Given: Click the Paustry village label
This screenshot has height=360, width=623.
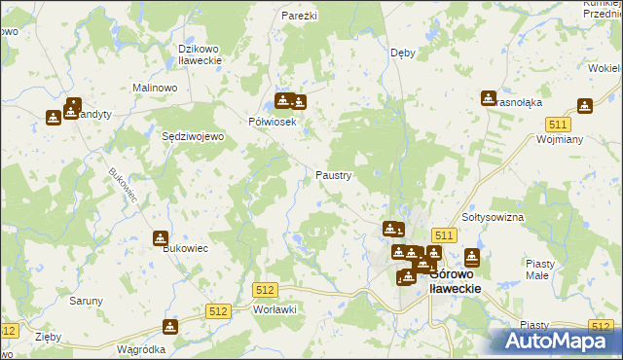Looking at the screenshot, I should pyautogui.click(x=333, y=175).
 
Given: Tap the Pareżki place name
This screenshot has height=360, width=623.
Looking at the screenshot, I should pyautogui.click(x=299, y=17).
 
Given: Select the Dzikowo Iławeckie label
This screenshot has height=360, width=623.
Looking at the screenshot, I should pyautogui.click(x=202, y=54).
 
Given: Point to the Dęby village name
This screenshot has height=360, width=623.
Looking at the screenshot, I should pyautogui.click(x=402, y=53).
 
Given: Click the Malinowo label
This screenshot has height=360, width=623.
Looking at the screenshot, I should pyautogui.click(x=154, y=88).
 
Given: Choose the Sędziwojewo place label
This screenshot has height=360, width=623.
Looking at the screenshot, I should pyautogui.click(x=193, y=137).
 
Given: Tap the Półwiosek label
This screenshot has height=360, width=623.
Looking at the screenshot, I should pyautogui.click(x=272, y=122).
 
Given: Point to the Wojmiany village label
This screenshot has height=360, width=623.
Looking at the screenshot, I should pyautogui.click(x=560, y=140).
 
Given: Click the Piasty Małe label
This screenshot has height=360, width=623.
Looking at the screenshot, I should pyautogui.click(x=539, y=270).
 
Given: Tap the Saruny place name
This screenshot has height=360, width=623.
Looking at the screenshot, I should pyautogui.click(x=86, y=301).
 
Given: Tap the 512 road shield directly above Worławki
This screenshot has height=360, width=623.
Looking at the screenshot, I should pyautogui.click(x=265, y=290).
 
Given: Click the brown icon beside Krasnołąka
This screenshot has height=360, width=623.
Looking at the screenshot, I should pyautogui.click(x=488, y=98).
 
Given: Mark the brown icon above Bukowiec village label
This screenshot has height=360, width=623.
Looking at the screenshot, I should pyautogui.click(x=160, y=238).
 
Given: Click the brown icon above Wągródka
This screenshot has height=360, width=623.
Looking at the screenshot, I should pyautogui.click(x=170, y=327).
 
